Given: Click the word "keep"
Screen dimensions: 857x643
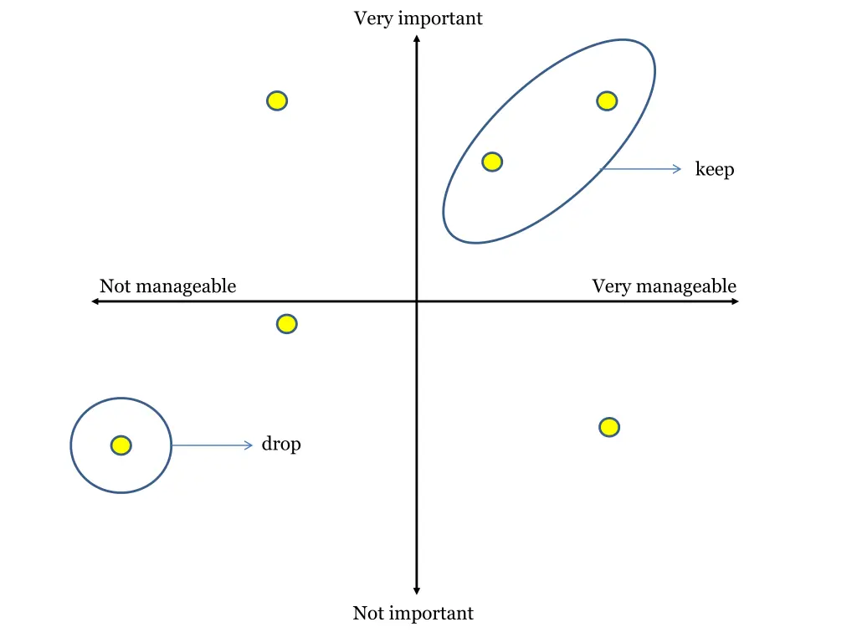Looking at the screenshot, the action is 714,170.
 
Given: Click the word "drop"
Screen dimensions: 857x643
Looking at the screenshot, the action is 280,445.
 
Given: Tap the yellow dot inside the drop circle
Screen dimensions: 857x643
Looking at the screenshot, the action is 121,445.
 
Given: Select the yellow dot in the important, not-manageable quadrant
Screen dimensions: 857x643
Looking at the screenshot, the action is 277,101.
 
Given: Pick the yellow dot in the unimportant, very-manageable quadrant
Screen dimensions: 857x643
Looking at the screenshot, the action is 609,427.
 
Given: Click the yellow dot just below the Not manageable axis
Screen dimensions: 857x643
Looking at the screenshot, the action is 286,323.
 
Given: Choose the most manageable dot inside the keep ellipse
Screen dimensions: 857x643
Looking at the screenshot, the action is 607,101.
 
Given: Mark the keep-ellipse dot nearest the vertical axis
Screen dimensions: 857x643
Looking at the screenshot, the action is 492,162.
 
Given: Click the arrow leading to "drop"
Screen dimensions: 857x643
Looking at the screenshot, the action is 212,445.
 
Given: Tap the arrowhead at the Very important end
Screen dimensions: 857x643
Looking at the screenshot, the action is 417,38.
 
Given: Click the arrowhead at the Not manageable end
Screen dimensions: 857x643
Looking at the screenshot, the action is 95,301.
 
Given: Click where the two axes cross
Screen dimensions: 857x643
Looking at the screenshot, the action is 417,301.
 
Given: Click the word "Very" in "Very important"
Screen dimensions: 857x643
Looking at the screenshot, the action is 372,18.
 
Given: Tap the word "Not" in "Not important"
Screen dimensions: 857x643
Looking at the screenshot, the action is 367,614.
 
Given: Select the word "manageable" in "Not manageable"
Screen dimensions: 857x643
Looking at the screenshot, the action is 185,286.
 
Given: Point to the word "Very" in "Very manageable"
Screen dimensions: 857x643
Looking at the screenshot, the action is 610,286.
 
